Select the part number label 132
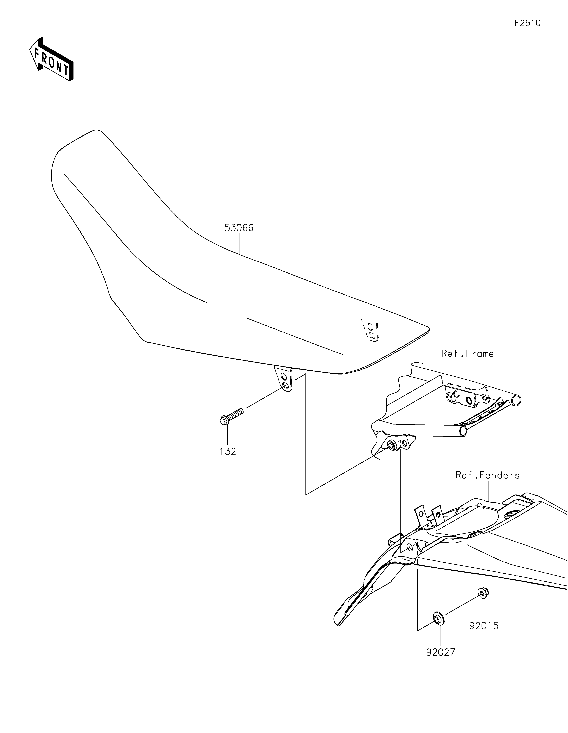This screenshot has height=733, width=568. [x=228, y=452]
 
